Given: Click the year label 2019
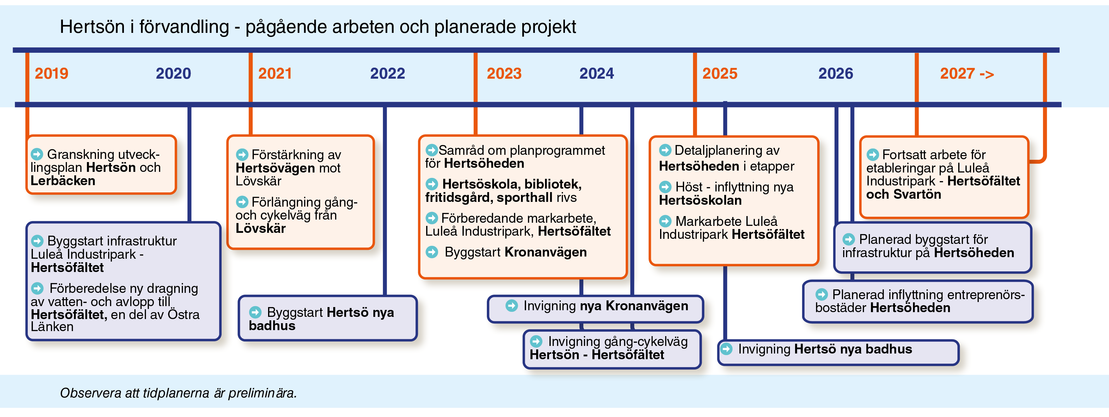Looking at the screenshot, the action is pyautogui.click(x=51, y=74).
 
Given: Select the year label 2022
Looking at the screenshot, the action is pyautogui.click(x=388, y=74).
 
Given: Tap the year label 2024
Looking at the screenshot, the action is pyautogui.click(x=596, y=74).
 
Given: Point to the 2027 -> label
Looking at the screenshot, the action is pyautogui.click(x=967, y=74).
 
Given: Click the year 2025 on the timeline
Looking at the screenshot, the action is pyautogui.click(x=720, y=74).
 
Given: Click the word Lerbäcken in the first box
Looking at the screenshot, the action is pyautogui.click(x=63, y=181).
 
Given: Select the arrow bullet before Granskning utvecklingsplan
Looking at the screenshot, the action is pyautogui.click(x=37, y=154).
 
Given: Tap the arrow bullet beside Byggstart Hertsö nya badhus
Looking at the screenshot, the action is pyautogui.click(x=255, y=312).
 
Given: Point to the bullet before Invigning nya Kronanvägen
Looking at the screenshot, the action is pyautogui.click(x=512, y=305).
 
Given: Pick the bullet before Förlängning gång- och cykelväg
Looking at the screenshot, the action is pyautogui.click(x=242, y=202).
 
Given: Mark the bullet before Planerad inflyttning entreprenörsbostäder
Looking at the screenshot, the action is pyautogui.click(x=821, y=294).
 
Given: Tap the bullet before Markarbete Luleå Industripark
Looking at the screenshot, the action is pyautogui.click(x=665, y=221).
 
